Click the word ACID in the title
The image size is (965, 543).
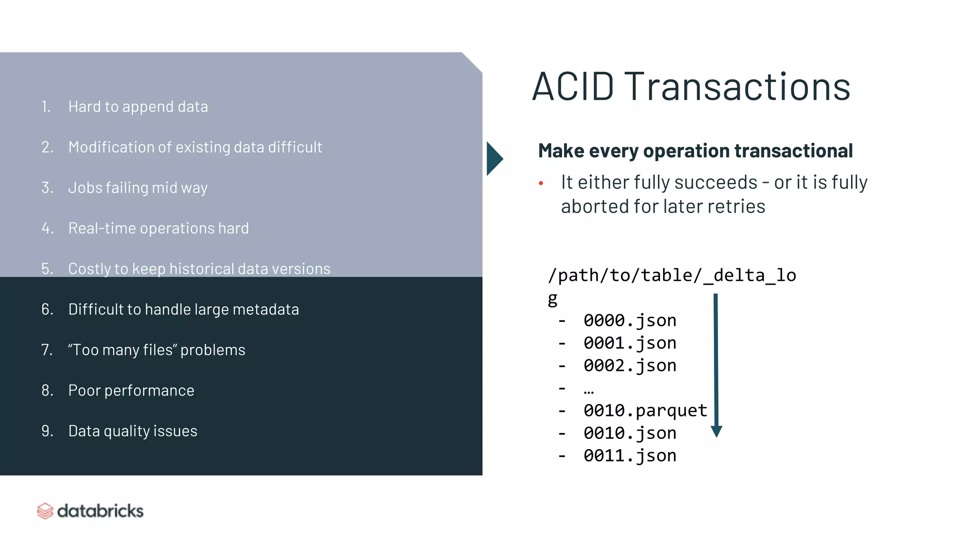tap(573, 87)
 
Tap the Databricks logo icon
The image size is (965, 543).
tap(45, 511)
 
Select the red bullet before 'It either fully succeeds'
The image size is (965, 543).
tap(541, 183)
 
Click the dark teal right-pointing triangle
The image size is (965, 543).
tap(494, 159)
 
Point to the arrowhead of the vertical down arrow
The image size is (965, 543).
tap(716, 431)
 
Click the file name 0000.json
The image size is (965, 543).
tap(630, 321)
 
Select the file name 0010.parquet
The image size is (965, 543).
tap(645, 411)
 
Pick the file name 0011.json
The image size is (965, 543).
tap(630, 456)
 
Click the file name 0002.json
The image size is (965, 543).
tap(630, 366)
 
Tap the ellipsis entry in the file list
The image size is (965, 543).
tap(589, 389)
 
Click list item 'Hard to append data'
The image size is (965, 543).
tap(138, 107)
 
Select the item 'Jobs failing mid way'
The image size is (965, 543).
tap(138, 188)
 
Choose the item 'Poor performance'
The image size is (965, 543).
tap(131, 391)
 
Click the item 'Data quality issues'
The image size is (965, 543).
tap(133, 431)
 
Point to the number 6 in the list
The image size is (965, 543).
tap(46, 310)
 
